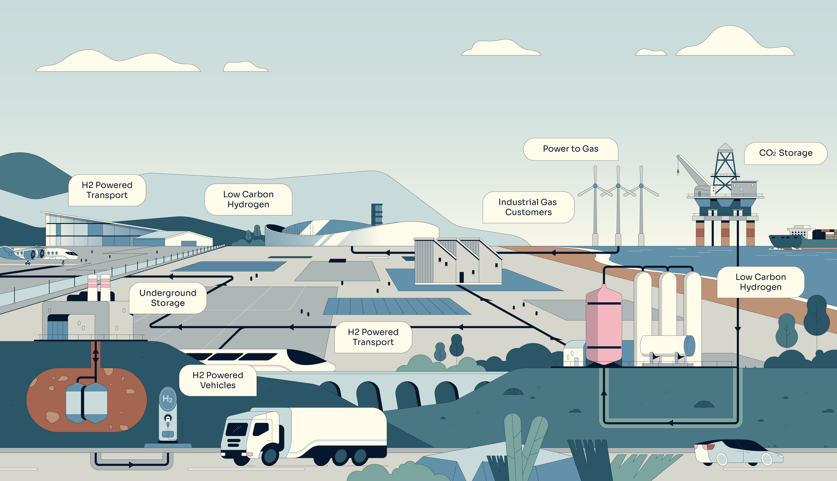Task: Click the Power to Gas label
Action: coord(570,149)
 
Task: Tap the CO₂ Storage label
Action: coord(785,153)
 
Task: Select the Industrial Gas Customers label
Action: coord(528,207)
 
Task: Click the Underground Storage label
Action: coord(168,298)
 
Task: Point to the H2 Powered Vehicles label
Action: coord(218,380)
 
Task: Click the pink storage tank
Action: coord(604,324)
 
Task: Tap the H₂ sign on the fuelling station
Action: coord(167,399)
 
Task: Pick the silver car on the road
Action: coord(738,453)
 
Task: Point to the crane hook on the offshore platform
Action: coord(678,173)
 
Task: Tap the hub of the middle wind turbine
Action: coord(618,186)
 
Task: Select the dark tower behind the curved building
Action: coord(377,214)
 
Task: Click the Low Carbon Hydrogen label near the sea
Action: coord(760,282)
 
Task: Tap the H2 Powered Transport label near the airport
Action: coord(107,190)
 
